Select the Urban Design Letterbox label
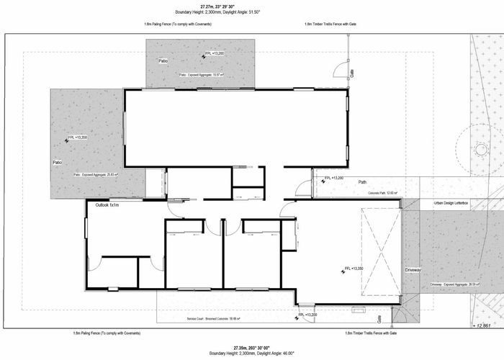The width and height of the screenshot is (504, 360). click(451, 204)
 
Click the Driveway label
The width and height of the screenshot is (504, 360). click(413, 269)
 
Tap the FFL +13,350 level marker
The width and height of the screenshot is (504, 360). click(353, 269)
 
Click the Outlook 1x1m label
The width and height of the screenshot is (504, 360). click(107, 205)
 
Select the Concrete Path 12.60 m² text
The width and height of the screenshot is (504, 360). click(382, 193)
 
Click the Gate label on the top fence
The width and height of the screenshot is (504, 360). click(352, 73)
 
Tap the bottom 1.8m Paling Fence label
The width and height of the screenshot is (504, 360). click(107, 333)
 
